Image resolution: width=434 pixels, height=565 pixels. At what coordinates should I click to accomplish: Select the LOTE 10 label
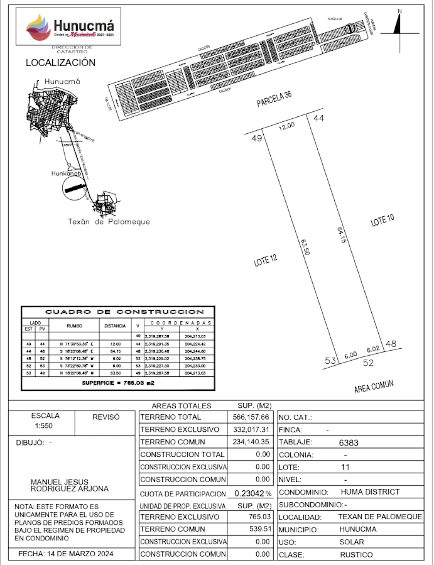[382, 220]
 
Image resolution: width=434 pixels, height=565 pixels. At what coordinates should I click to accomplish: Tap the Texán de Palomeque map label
[109, 222]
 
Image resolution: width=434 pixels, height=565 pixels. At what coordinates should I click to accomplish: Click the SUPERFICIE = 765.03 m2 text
[118, 383]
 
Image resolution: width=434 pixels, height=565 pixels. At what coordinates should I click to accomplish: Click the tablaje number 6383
[348, 443]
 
